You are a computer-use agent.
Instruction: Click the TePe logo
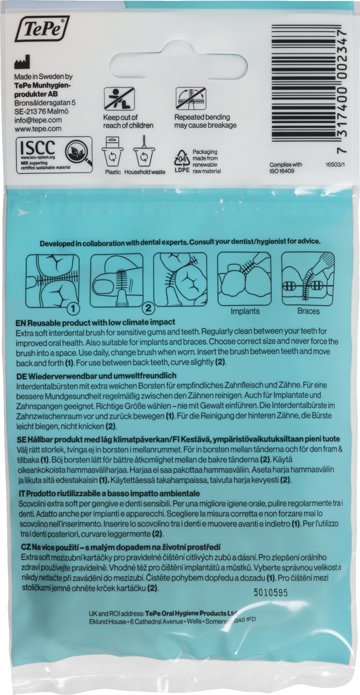point(42,29)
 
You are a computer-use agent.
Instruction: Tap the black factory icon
point(22,62)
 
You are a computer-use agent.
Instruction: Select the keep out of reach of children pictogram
point(119,98)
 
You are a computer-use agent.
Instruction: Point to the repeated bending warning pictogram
point(191,98)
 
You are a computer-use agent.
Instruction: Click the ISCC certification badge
point(54,155)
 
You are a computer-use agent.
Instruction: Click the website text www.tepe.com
point(38,129)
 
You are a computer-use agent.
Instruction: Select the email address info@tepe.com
point(38,120)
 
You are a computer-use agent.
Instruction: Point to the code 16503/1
point(335,164)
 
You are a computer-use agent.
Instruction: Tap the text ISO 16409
point(282,171)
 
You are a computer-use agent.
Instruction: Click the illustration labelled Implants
point(245,279)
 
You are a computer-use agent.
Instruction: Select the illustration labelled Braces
point(308,279)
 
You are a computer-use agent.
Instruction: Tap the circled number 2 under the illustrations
point(148,308)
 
